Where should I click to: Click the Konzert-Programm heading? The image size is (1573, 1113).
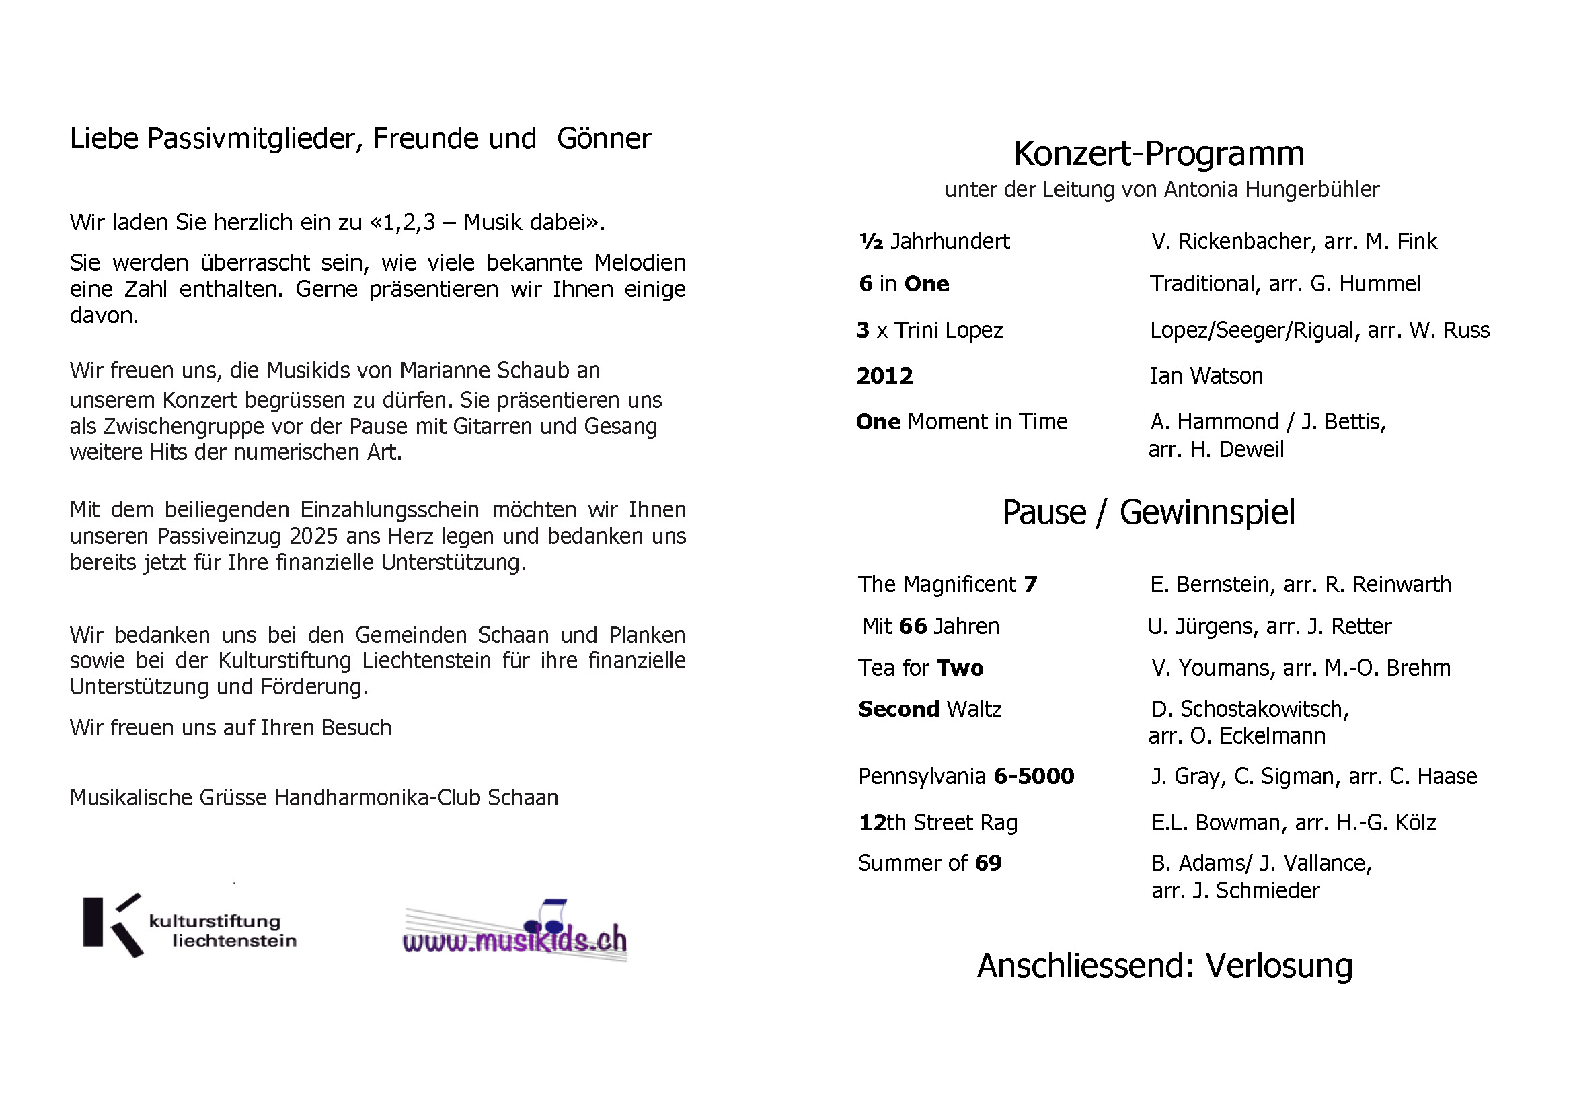click(x=1159, y=153)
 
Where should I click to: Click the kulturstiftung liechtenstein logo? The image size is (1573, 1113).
click(x=190, y=926)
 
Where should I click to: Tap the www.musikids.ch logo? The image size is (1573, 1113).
click(x=515, y=933)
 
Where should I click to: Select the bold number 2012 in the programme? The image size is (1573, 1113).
click(x=884, y=376)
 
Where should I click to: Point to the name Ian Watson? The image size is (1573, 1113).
click(x=1206, y=376)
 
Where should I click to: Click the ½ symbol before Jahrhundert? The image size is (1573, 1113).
click(x=871, y=242)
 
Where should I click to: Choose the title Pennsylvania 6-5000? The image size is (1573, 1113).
click(x=966, y=777)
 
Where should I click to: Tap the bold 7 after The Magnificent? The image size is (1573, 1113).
click(x=1030, y=585)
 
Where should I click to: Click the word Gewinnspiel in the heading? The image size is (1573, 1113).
click(x=1207, y=513)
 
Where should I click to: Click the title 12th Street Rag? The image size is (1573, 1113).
click(x=938, y=822)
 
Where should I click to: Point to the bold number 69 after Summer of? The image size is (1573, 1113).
click(x=988, y=863)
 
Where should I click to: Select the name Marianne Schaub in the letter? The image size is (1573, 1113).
click(x=500, y=371)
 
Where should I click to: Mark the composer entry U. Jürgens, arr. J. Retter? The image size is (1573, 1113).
click(x=1270, y=626)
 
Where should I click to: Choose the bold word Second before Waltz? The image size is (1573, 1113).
click(x=899, y=709)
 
